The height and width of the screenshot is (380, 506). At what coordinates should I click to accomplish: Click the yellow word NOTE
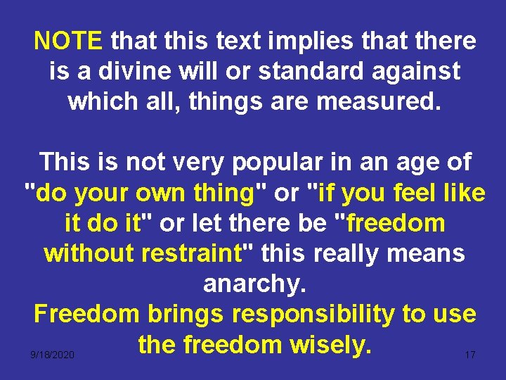68,42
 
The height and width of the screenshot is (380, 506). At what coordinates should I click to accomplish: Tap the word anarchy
253,284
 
